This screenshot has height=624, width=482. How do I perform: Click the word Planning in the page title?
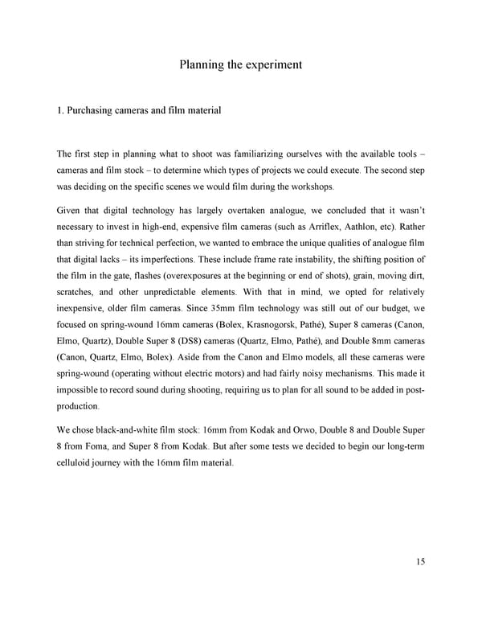click(202, 64)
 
